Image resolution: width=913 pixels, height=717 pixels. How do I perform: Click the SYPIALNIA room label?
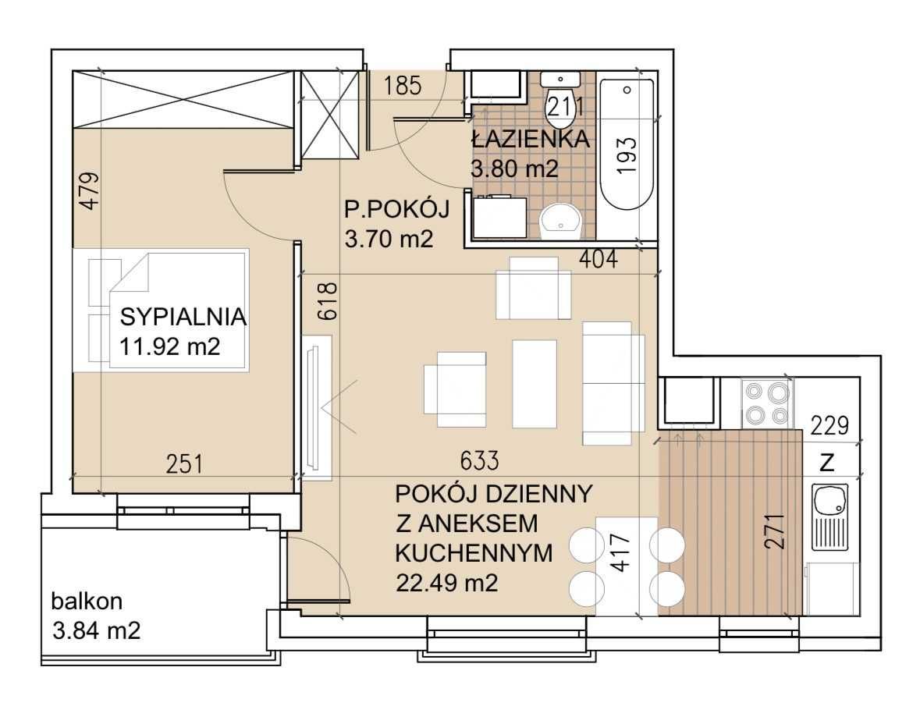183,318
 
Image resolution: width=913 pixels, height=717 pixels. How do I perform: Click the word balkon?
87,602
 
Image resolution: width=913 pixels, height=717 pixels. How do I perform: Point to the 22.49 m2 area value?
446,583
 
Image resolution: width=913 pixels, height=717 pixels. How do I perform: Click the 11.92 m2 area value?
170,347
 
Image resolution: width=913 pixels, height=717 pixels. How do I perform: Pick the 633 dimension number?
479,460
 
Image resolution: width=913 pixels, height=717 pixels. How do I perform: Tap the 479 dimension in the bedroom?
90,190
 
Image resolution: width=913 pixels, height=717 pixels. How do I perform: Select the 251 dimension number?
185,464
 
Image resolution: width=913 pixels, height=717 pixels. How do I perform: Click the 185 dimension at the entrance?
403,86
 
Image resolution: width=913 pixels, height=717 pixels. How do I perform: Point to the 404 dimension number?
598,258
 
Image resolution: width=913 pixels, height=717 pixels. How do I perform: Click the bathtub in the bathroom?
627,144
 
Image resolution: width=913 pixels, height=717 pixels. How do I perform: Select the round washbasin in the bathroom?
561,221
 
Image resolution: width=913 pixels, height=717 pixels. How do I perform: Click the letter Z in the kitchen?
827,463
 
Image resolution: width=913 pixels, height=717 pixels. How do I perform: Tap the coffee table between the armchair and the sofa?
534,384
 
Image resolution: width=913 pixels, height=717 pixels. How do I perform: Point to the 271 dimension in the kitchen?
775,531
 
